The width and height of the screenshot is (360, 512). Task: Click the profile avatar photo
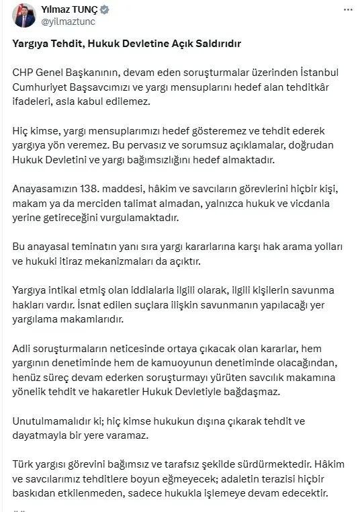(x=26, y=15)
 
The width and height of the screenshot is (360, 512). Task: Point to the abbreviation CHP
(x=24, y=73)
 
